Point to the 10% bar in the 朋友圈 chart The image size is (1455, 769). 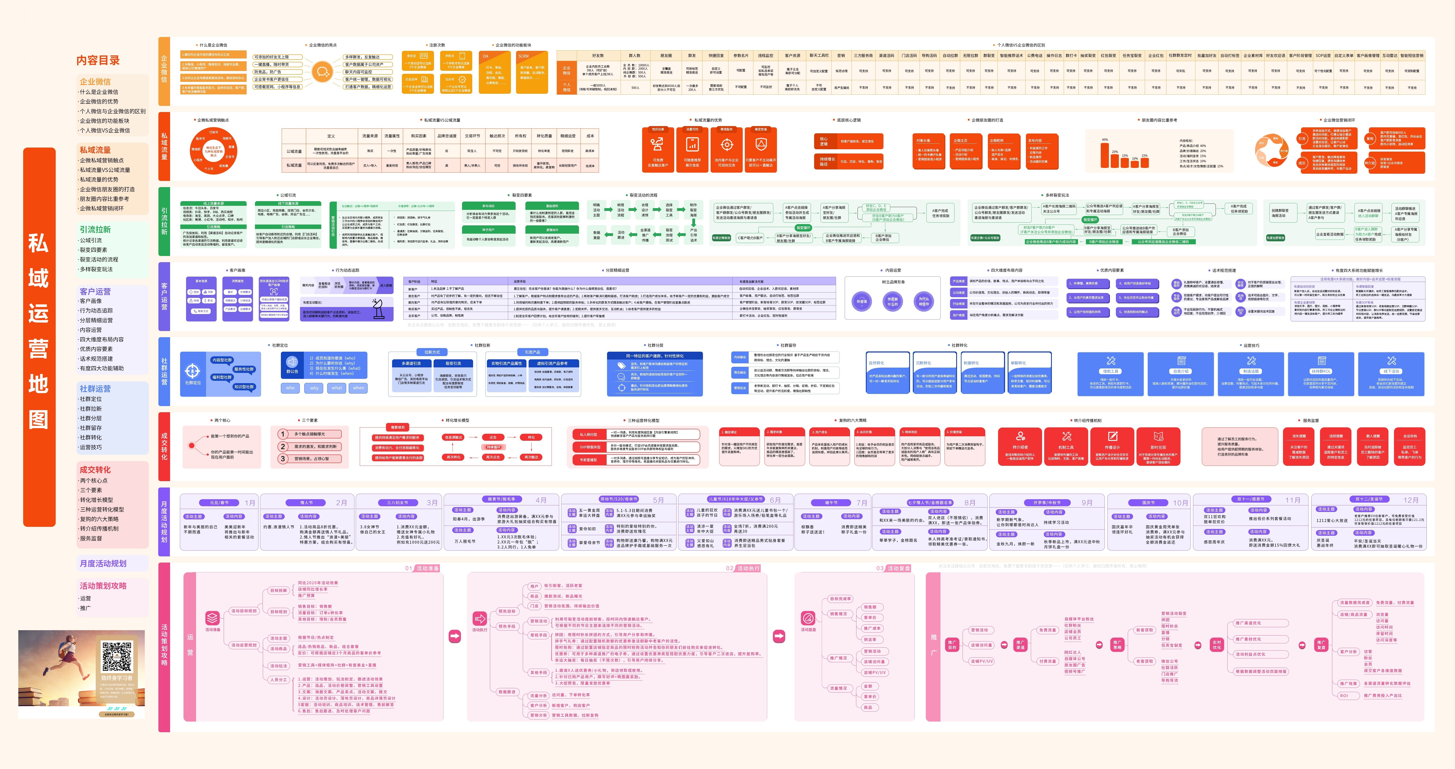1135,164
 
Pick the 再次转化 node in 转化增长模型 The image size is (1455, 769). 454,457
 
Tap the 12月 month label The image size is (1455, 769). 1411,500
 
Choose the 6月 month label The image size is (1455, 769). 775,500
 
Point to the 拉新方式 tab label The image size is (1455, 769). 432,352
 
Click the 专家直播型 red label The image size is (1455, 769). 588,460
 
